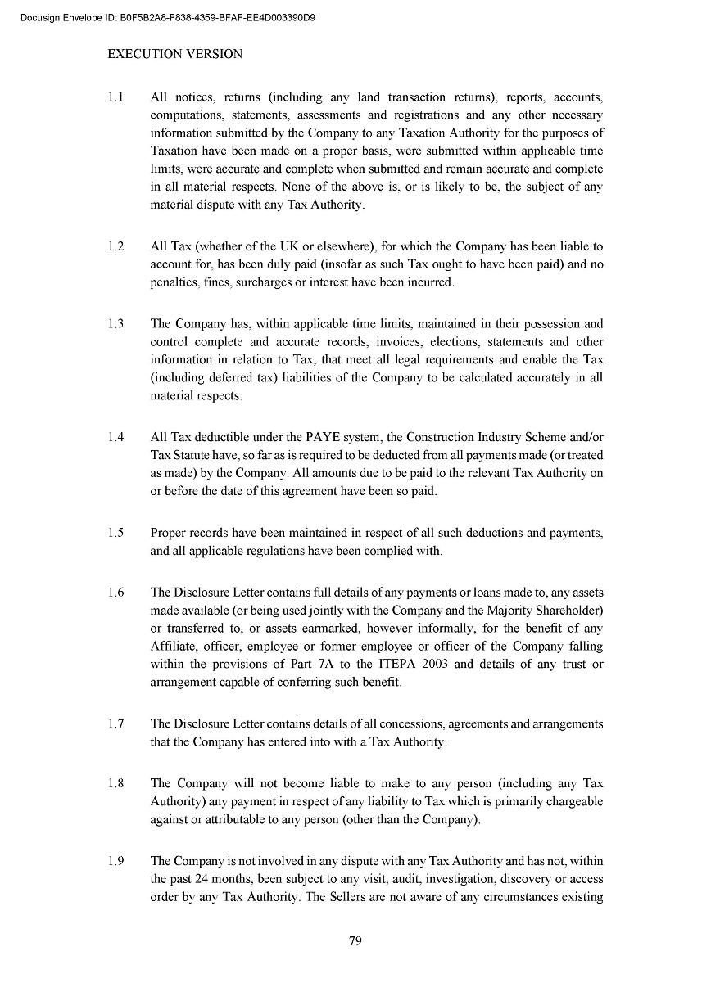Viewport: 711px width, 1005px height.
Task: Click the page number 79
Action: pyautogui.click(x=355, y=941)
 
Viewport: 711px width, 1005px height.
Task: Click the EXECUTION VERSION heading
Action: pyautogui.click(x=175, y=54)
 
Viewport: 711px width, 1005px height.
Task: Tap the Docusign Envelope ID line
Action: pyautogui.click(x=168, y=17)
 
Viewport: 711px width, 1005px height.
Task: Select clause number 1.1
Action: pyautogui.click(x=115, y=97)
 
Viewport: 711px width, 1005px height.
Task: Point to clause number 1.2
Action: pyautogui.click(x=115, y=246)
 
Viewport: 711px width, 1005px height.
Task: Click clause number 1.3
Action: pyautogui.click(x=115, y=324)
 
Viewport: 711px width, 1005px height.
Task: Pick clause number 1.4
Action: pyautogui.click(x=115, y=437)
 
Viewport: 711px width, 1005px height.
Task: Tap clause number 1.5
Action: pyautogui.click(x=115, y=533)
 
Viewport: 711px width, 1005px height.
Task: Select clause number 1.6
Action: pyautogui.click(x=115, y=593)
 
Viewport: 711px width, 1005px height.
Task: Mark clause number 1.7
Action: pyautogui.click(x=115, y=723)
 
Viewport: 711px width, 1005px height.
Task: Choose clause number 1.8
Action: pyautogui.click(x=115, y=783)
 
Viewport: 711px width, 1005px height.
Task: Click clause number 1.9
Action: pyautogui.click(x=115, y=861)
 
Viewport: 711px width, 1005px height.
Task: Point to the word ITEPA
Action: pyautogui.click(x=401, y=664)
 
